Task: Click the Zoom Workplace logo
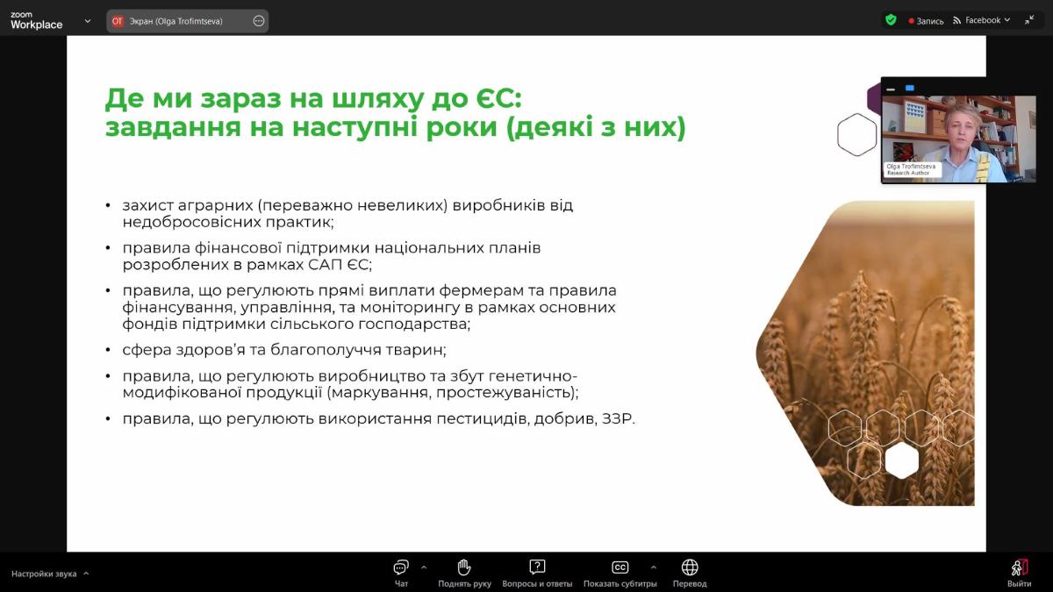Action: pos(36,21)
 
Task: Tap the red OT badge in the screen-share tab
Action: pos(117,21)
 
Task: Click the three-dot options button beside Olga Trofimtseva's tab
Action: pos(259,21)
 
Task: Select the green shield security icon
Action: pos(891,19)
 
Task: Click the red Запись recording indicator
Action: pos(926,21)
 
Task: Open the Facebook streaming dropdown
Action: pos(982,20)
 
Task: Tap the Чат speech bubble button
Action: pos(401,573)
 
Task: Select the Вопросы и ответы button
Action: pos(537,573)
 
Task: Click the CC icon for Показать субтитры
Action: pos(620,567)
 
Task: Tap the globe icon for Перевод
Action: pos(690,567)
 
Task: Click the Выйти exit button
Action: pos(1019,573)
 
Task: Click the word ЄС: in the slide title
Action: pos(496,98)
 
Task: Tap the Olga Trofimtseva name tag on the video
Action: pos(912,169)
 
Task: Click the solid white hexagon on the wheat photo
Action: pos(902,460)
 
